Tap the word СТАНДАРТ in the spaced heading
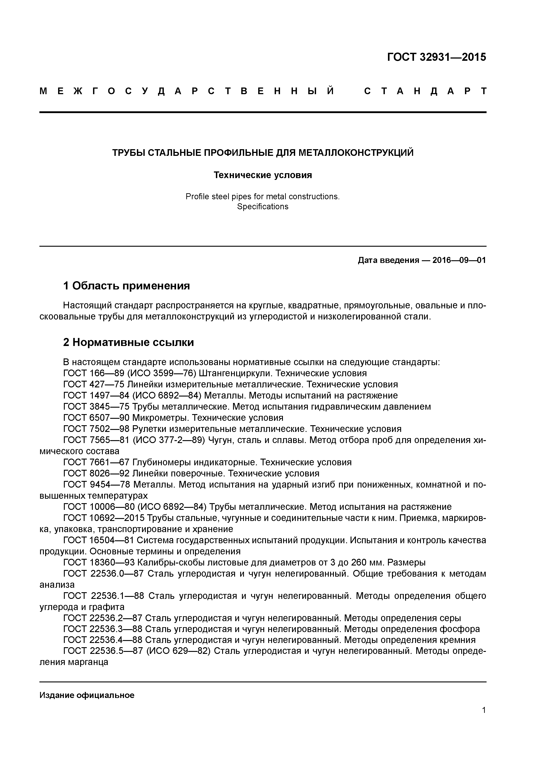pos(425,91)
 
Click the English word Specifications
pos(263,206)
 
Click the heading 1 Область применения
pos(126,286)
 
